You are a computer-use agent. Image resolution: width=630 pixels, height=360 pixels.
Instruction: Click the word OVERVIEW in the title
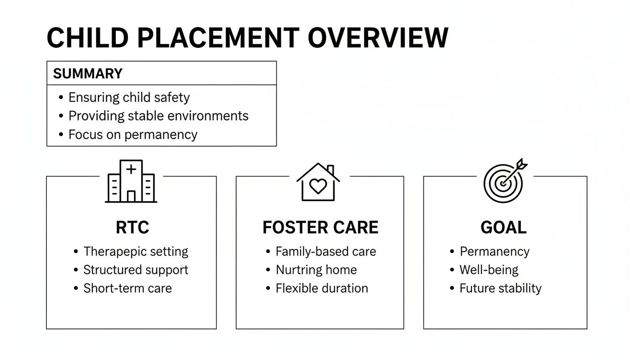378,38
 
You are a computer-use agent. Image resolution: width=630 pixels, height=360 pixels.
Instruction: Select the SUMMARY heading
88,74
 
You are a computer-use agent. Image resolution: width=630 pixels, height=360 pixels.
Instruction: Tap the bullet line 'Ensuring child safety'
129,97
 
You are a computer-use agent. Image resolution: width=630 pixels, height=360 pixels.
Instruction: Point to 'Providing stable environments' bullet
158,116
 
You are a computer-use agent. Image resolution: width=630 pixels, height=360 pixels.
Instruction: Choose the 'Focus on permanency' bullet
133,135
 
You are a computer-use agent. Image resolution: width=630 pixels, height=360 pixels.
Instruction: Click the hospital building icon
131,181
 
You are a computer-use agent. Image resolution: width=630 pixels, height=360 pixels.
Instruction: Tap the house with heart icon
318,182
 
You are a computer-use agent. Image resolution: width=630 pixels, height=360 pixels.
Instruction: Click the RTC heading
132,227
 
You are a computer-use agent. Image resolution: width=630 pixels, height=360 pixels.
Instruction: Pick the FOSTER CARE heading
320,227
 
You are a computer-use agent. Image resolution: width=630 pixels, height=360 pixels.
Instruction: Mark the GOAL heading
503,227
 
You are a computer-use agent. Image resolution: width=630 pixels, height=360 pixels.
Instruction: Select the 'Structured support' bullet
135,270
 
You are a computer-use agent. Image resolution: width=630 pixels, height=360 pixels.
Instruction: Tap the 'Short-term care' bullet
127,288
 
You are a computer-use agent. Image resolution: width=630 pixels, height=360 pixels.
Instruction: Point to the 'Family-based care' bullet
325,252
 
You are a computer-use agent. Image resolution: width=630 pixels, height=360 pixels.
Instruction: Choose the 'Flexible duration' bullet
322,288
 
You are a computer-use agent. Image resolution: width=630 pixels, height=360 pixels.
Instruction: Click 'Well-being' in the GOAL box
489,270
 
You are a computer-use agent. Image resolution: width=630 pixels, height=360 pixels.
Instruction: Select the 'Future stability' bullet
500,288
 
